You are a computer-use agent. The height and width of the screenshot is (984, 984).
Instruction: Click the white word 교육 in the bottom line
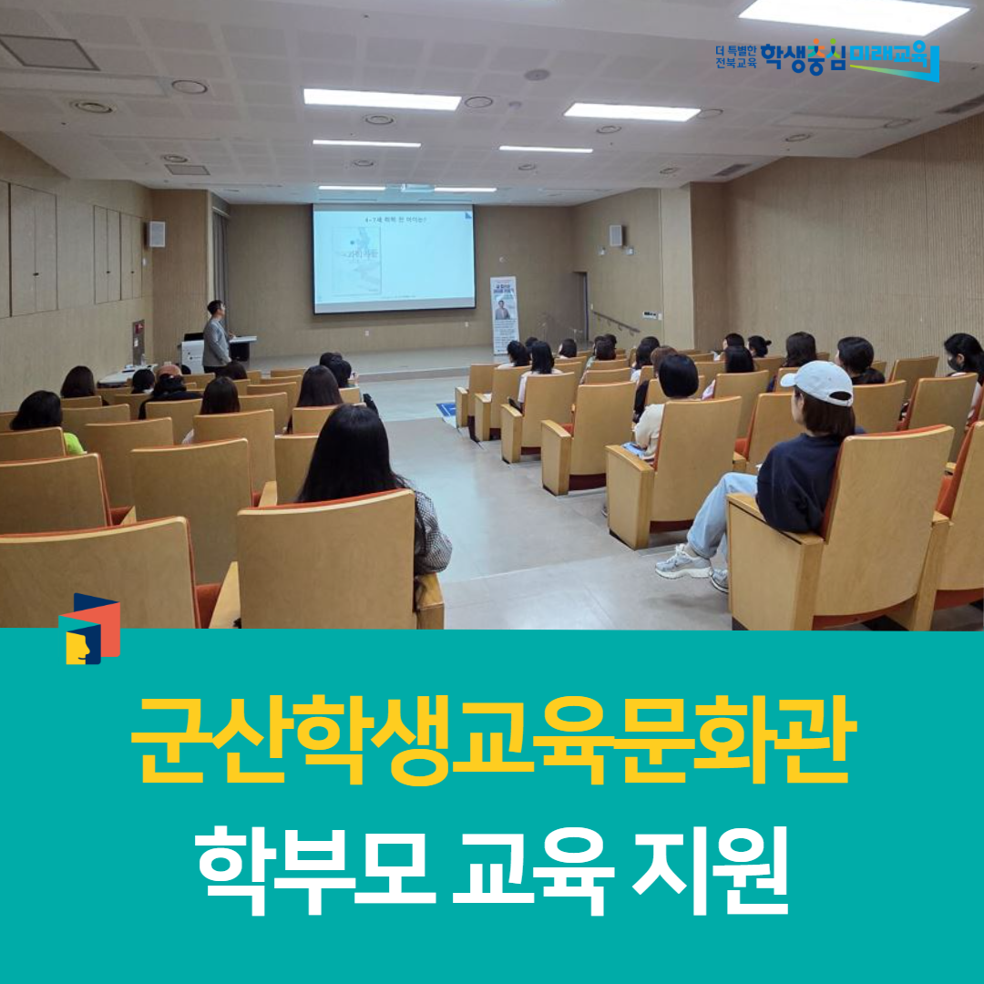click(527, 866)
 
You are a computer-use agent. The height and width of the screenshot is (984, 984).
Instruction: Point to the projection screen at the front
click(394, 258)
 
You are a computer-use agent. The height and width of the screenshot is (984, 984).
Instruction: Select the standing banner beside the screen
click(503, 315)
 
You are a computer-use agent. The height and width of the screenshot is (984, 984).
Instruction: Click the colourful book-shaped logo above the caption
click(89, 629)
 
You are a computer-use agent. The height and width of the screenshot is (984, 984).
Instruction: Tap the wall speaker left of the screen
click(157, 234)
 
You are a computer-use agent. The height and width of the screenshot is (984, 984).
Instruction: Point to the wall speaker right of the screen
click(616, 235)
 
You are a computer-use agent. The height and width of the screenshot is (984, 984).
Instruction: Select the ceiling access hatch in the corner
click(49, 53)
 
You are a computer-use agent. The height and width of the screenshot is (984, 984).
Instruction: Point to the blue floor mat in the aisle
click(446, 409)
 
